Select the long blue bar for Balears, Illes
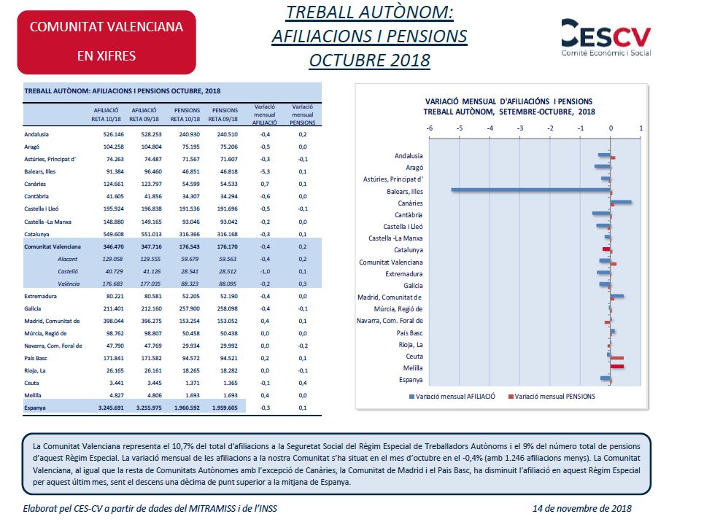pos(530,190)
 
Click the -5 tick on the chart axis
pos(460,128)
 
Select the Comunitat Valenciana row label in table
pos(53,248)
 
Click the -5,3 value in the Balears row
pos(265,172)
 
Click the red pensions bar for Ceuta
pos(617,358)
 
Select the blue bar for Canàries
pos(621,202)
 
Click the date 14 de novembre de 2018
pos(582,508)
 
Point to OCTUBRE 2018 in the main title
pos(369,60)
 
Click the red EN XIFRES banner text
pos(107,55)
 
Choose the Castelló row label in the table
pos(67,271)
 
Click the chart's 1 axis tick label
pos(641,128)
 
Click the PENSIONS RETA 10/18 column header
pos(185,114)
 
